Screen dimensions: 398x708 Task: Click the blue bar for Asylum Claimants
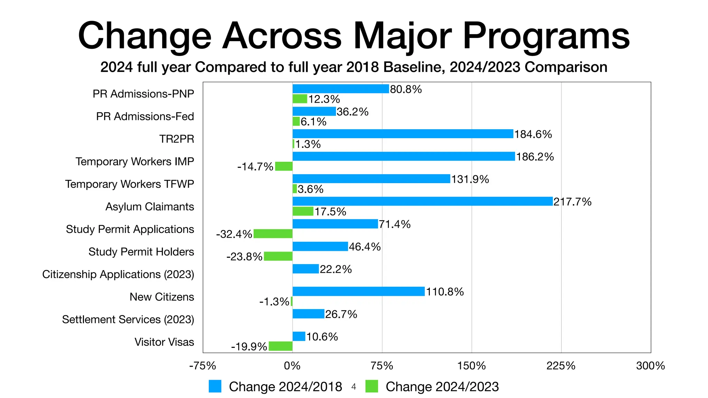(x=422, y=201)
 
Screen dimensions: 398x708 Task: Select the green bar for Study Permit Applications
(x=273, y=234)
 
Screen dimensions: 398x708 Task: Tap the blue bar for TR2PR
(x=403, y=134)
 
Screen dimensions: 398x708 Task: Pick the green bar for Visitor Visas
(x=280, y=346)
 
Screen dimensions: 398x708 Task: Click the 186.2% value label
(x=535, y=157)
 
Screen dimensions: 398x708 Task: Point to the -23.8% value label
(x=244, y=257)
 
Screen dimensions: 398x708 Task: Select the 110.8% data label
(x=445, y=292)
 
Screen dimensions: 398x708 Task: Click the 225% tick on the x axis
(x=561, y=366)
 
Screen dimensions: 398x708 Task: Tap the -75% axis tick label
(x=203, y=366)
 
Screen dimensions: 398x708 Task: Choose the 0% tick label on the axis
(x=292, y=366)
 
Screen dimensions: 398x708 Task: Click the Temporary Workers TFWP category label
(x=130, y=184)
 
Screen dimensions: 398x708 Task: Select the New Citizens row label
(x=162, y=297)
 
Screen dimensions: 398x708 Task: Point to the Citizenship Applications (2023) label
(x=118, y=274)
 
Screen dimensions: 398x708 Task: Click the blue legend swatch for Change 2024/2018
(x=215, y=386)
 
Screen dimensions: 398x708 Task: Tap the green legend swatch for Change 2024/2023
(x=372, y=386)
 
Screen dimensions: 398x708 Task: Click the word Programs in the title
(x=546, y=36)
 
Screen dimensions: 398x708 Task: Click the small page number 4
(x=354, y=387)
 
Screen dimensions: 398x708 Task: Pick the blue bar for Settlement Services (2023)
(x=308, y=314)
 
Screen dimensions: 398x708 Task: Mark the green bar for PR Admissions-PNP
(x=300, y=99)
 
